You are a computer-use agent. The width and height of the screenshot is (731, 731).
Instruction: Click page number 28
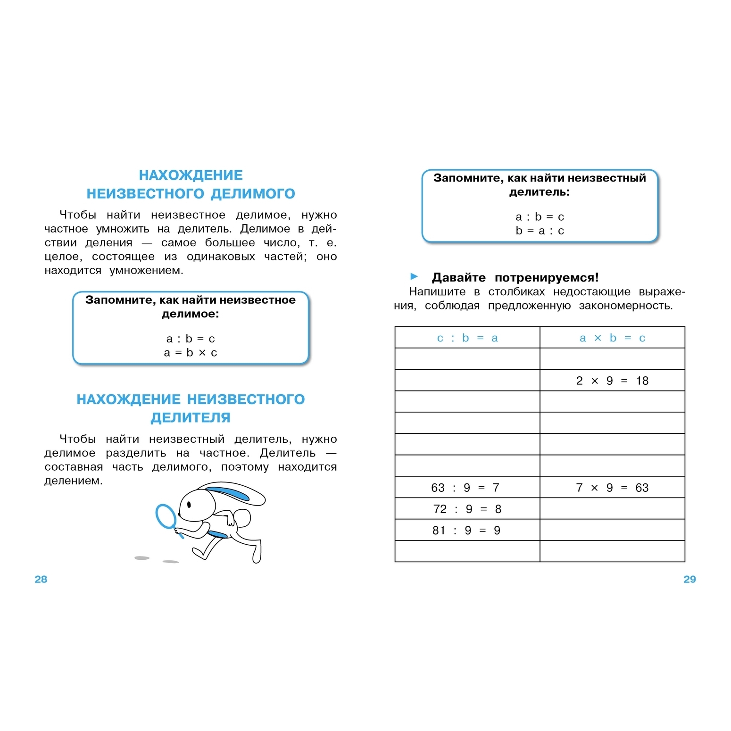(41, 579)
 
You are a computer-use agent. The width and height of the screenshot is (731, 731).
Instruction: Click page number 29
(689, 579)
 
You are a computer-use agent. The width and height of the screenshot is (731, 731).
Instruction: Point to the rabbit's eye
(189, 504)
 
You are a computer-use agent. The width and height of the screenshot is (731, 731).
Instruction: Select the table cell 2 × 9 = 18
(612, 381)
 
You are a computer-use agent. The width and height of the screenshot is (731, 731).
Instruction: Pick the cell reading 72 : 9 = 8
(467, 509)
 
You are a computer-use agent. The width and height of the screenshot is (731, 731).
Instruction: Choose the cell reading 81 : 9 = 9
(466, 531)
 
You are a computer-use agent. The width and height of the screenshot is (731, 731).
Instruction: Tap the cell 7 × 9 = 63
(612, 488)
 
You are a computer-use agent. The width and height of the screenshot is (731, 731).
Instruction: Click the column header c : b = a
(467, 338)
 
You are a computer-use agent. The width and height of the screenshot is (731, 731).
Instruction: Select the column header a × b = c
(612, 338)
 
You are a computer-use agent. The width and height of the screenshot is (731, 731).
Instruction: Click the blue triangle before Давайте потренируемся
(414, 276)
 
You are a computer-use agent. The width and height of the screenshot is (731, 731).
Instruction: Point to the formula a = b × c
(191, 353)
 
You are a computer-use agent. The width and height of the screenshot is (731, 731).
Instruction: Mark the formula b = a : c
(540, 231)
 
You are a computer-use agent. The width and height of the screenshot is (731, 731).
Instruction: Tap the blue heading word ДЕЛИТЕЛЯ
(191, 417)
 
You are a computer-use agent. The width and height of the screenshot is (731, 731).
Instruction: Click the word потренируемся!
(547, 277)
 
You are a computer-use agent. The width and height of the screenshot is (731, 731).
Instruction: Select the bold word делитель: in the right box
(540, 192)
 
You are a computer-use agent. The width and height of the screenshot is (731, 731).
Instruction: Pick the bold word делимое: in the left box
(191, 314)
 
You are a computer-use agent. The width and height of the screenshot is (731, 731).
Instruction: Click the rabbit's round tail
(242, 517)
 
